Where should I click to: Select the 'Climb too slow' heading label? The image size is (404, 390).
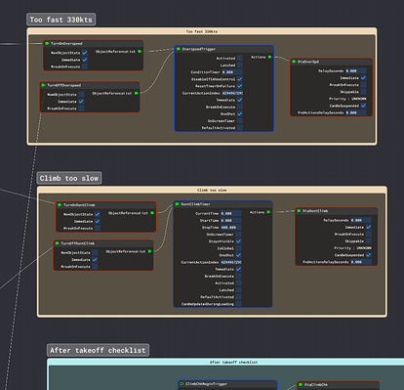[x=67, y=179]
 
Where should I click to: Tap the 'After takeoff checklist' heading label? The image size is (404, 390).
[x=99, y=349]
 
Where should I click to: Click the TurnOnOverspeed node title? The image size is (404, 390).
[x=69, y=43]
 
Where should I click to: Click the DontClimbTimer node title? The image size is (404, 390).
[x=201, y=204]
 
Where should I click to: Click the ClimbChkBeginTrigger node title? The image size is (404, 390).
[x=210, y=385]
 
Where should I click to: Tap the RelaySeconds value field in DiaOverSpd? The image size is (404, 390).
[x=351, y=71]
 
